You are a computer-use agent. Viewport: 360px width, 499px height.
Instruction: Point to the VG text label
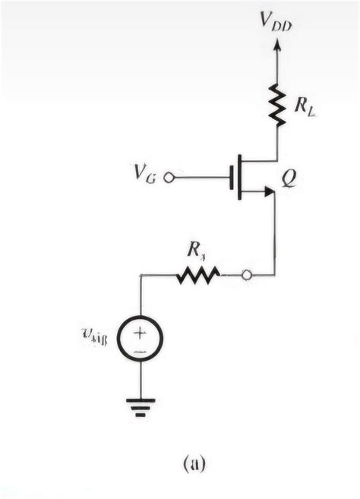[x=145, y=177]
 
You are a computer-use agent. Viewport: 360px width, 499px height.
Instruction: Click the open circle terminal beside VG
[x=169, y=177]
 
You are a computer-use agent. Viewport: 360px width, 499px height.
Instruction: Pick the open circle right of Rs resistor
[x=246, y=276]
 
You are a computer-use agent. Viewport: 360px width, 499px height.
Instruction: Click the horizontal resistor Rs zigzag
[x=198, y=276]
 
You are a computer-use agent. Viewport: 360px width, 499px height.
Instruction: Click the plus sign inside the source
[x=141, y=331]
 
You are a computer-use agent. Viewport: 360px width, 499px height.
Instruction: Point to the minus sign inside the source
[x=141, y=352]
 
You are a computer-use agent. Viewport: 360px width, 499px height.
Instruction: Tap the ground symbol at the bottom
[x=141, y=406]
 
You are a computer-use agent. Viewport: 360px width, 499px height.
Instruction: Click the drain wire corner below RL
[x=276, y=159]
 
